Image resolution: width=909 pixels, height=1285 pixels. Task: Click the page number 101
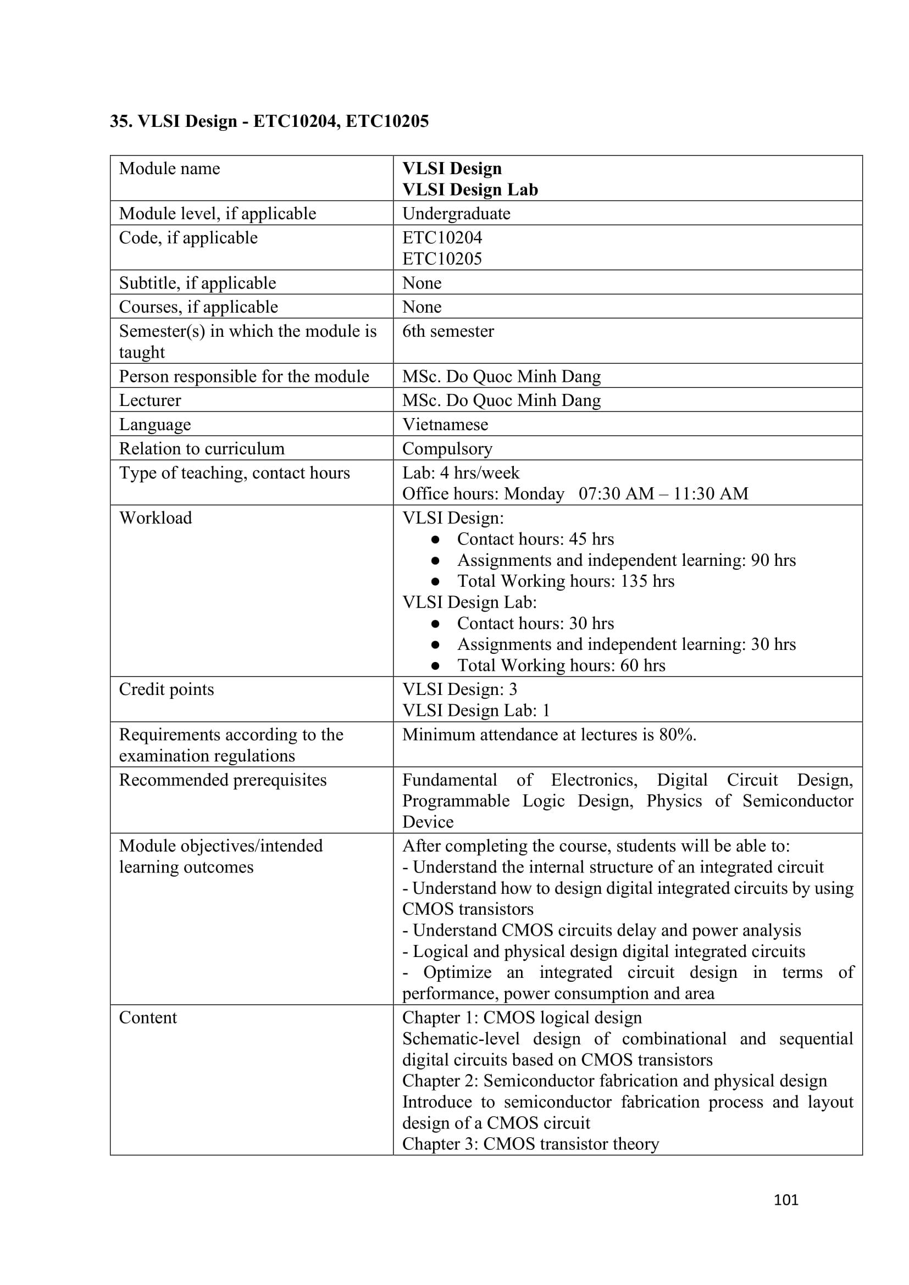pos(785,1199)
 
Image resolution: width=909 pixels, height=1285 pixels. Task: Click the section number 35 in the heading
pos(119,121)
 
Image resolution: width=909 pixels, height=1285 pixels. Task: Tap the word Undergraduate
pos(456,213)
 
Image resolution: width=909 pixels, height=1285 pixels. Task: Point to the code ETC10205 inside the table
pos(442,259)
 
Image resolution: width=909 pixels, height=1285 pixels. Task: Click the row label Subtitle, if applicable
pos(197,282)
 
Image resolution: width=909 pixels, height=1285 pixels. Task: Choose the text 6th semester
pos(448,331)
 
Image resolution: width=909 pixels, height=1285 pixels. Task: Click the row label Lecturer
pos(150,400)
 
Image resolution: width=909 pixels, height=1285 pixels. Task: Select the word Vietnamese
pos(445,424)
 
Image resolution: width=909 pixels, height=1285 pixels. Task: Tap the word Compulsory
pos(447,448)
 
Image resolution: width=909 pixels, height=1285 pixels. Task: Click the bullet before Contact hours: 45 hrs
pos(435,539)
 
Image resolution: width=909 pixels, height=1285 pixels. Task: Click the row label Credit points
pos(166,689)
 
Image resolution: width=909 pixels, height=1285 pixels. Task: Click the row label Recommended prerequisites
pos(222,780)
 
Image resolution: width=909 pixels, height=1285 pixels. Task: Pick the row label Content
pos(148,1017)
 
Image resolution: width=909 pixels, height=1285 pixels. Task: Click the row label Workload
pos(155,518)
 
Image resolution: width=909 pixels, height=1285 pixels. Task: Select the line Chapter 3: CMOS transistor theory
pos(530,1143)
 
